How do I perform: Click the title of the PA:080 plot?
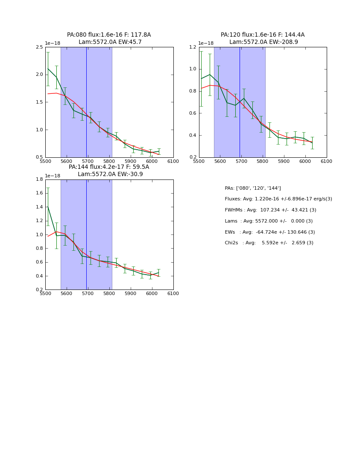click(x=109, y=38)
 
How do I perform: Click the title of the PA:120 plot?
click(x=263, y=38)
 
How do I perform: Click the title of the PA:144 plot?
click(x=109, y=171)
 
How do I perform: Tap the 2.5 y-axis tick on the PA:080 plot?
click(x=39, y=47)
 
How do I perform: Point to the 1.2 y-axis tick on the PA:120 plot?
click(x=193, y=47)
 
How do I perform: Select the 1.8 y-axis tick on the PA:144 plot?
click(x=39, y=179)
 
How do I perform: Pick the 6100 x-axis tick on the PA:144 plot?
click(x=173, y=294)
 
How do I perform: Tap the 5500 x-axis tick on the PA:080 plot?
click(x=45, y=162)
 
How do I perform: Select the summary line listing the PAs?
click(x=253, y=188)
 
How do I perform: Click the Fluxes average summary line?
click(x=278, y=199)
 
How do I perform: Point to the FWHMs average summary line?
click(x=270, y=210)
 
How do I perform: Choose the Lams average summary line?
click(x=269, y=221)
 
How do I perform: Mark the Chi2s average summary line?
click(x=269, y=243)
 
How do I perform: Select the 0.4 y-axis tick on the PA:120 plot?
click(x=193, y=136)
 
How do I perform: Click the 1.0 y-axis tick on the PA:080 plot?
click(x=39, y=130)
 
